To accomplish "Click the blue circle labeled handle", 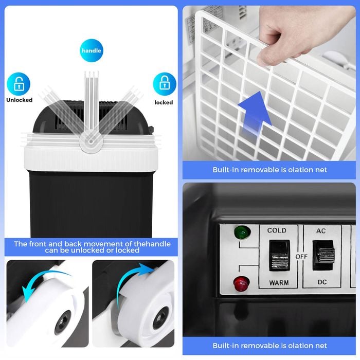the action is click(92, 50).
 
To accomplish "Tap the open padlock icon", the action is click(19, 84).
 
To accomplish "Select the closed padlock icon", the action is click(165, 84).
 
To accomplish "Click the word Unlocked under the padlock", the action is click(20, 100).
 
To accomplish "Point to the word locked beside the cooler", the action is click(164, 102).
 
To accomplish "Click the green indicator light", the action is click(242, 232).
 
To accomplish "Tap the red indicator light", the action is click(241, 283).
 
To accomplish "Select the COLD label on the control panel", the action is click(277, 230).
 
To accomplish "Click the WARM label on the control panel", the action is click(279, 283).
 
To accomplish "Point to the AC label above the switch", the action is click(321, 231).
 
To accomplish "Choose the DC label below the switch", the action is click(322, 282).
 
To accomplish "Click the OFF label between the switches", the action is click(301, 257).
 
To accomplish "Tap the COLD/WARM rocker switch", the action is click(279, 256).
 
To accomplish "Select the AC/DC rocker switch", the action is click(323, 255).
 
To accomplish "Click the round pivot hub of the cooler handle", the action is click(91, 141).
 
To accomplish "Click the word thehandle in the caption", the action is click(152, 244).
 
